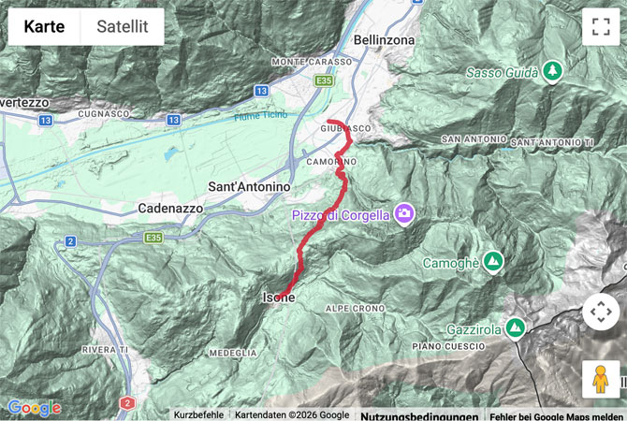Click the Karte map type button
(44, 26)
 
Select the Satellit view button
(122, 26)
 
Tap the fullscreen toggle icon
(600, 26)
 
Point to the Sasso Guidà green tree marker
(553, 71)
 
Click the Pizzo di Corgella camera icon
(405, 214)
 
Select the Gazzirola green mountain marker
(515, 328)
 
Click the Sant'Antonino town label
(248, 187)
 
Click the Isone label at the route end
(278, 298)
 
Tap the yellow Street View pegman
(600, 379)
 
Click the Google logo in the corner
(34, 408)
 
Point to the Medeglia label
(233, 353)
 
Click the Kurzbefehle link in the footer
(198, 414)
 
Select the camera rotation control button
(600, 312)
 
